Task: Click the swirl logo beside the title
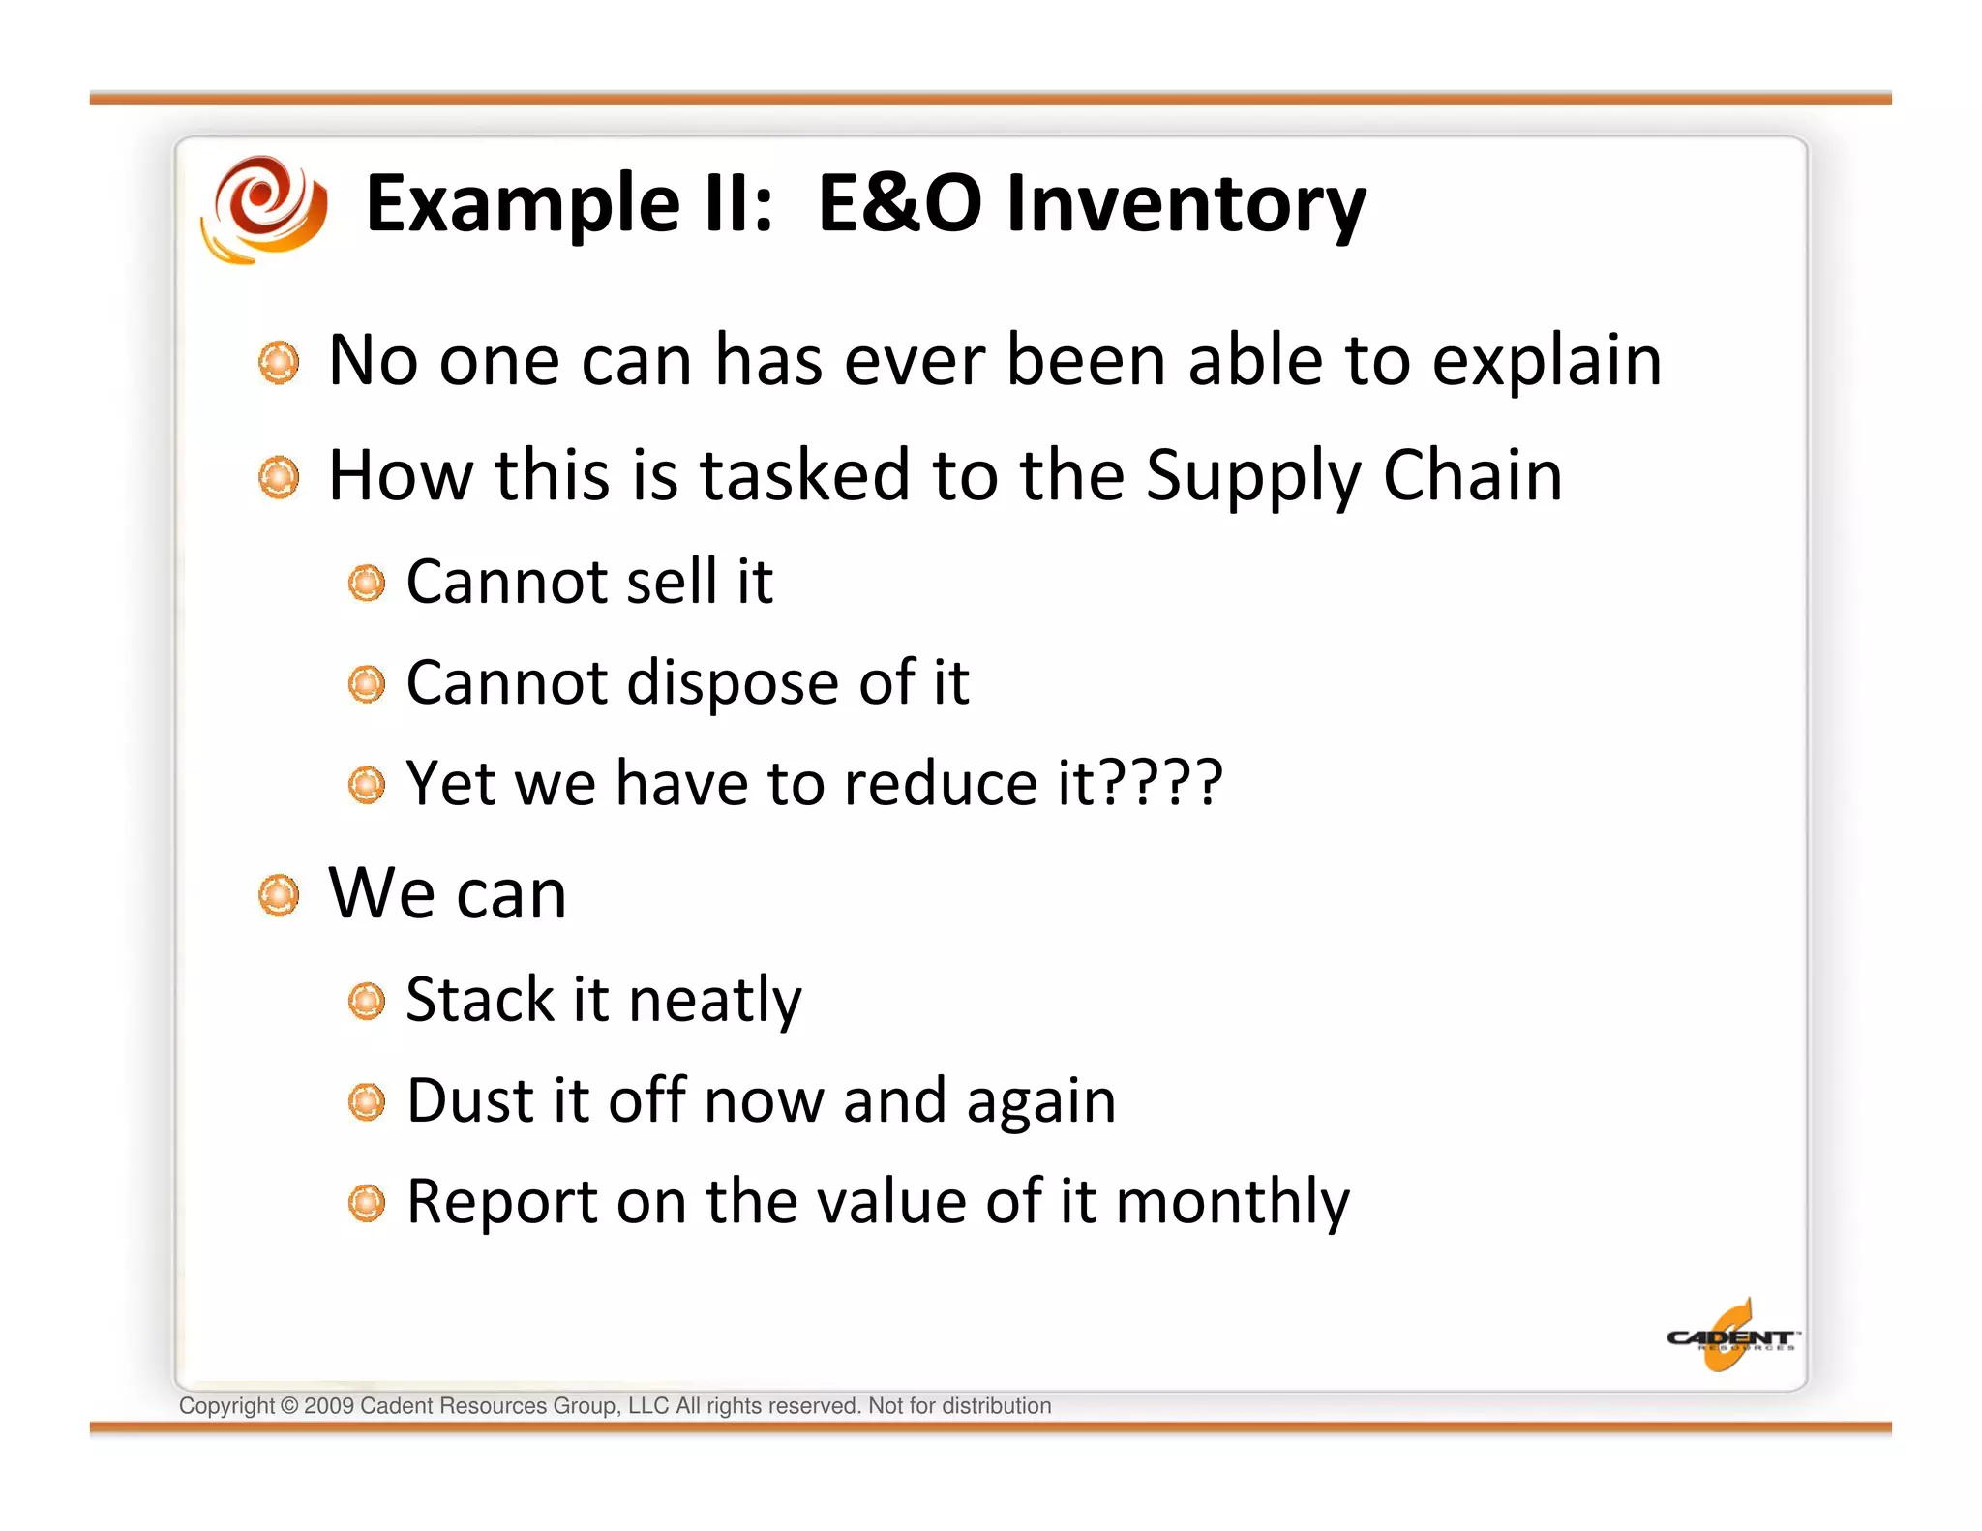(264, 208)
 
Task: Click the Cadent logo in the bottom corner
(1730, 1337)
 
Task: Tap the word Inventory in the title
(1186, 205)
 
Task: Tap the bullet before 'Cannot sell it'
(367, 584)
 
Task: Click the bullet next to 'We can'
(280, 895)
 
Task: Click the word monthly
(1232, 1203)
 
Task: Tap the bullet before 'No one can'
(280, 362)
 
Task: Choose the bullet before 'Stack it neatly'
(367, 1002)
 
